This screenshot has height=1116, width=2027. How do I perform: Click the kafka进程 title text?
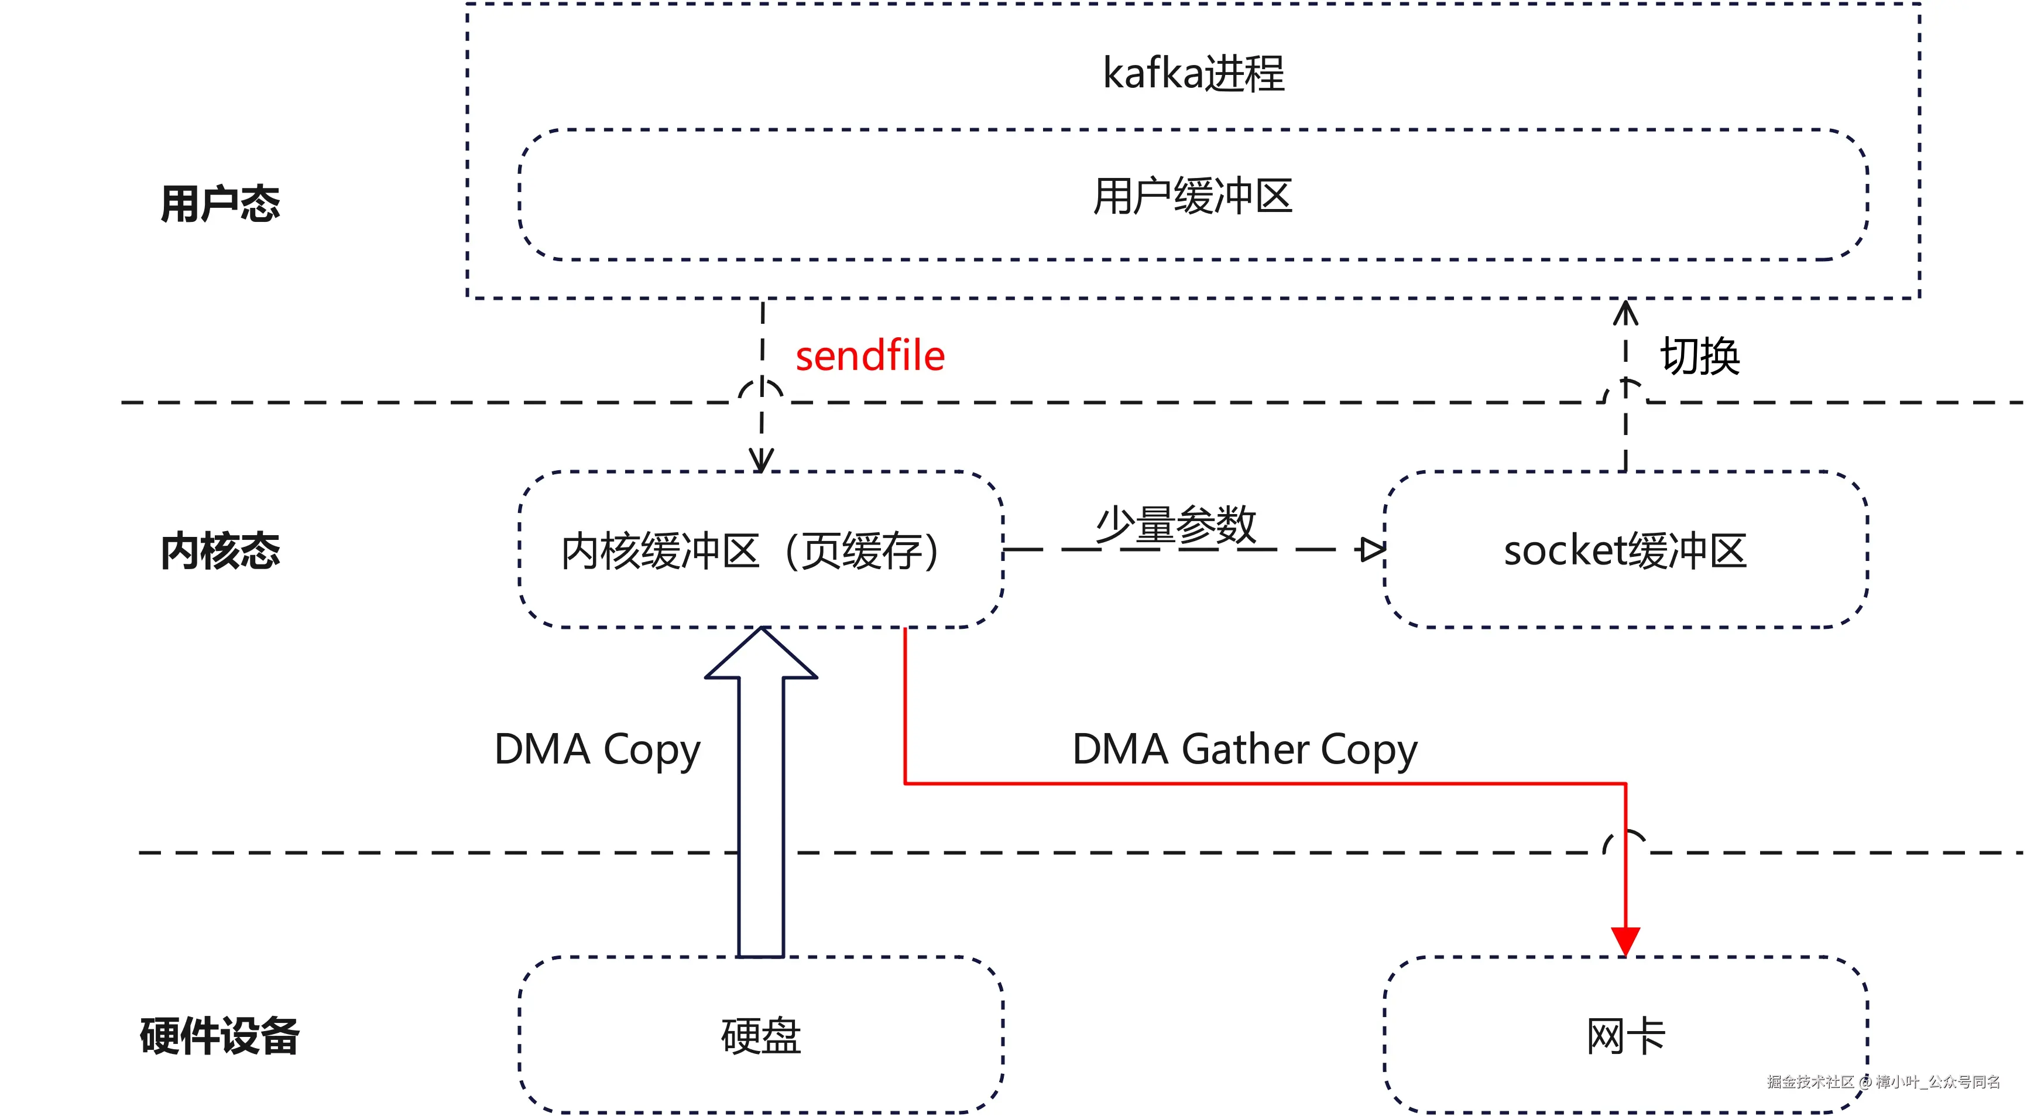click(1193, 73)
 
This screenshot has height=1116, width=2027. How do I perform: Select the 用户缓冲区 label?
click(1192, 196)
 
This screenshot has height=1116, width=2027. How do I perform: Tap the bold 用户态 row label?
click(219, 204)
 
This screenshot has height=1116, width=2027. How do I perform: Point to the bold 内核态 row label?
click(219, 550)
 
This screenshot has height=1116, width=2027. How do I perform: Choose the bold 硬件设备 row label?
click(219, 1035)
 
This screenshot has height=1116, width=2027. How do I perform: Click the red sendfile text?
click(869, 356)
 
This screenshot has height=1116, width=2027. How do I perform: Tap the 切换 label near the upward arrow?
click(1700, 356)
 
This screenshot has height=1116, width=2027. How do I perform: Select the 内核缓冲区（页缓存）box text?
click(749, 550)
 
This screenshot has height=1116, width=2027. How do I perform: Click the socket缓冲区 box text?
click(1625, 550)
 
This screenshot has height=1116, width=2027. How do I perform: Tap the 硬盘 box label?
click(761, 1035)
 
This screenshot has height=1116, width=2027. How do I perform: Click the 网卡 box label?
click(1625, 1035)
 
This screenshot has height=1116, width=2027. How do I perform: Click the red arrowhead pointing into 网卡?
click(1625, 940)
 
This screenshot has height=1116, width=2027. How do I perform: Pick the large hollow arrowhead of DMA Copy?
click(761, 655)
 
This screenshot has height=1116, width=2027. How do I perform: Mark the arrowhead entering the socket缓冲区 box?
click(1371, 549)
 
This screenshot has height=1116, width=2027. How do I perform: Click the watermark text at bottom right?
click(1883, 1081)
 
